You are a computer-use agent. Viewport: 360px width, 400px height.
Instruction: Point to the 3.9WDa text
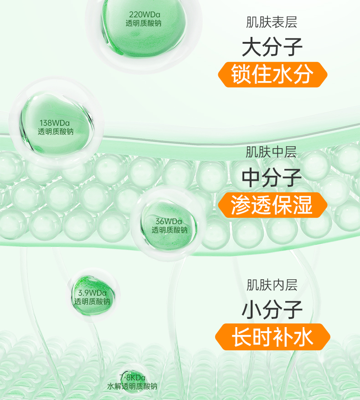click(92, 292)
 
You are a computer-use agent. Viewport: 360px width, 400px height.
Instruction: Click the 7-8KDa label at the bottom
click(133, 378)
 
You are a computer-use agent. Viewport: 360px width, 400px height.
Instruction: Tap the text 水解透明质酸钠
click(132, 386)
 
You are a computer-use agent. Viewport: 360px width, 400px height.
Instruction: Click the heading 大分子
click(272, 47)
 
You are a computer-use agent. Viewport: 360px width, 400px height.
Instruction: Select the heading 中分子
click(272, 178)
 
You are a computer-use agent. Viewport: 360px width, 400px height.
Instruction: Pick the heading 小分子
click(272, 310)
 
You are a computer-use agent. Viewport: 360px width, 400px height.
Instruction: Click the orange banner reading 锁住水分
click(272, 74)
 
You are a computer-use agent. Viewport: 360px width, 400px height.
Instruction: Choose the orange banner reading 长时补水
click(272, 338)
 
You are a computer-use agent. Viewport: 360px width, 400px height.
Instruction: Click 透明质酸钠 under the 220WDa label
click(143, 23)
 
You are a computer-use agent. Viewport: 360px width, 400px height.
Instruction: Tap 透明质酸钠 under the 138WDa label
click(56, 132)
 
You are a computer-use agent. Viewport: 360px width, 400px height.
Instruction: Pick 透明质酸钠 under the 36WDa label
click(170, 230)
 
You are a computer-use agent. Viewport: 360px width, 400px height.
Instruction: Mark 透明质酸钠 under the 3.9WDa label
click(92, 302)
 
